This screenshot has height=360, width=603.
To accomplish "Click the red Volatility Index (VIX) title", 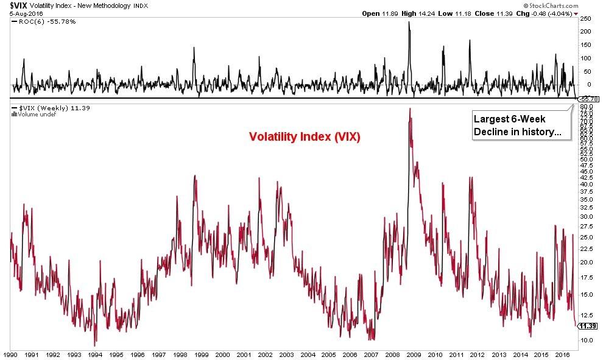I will click(x=305, y=137).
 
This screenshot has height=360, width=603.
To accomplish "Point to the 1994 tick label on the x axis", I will click(x=95, y=354).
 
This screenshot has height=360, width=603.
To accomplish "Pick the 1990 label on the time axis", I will click(x=10, y=354).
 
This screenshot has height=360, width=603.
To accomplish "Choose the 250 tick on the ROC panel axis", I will click(x=587, y=19).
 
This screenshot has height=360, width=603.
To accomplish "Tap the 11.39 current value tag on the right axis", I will click(x=588, y=326).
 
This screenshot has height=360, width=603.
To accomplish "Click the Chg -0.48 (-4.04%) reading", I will click(x=545, y=13).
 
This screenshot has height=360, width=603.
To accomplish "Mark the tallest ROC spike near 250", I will click(x=409, y=23).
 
